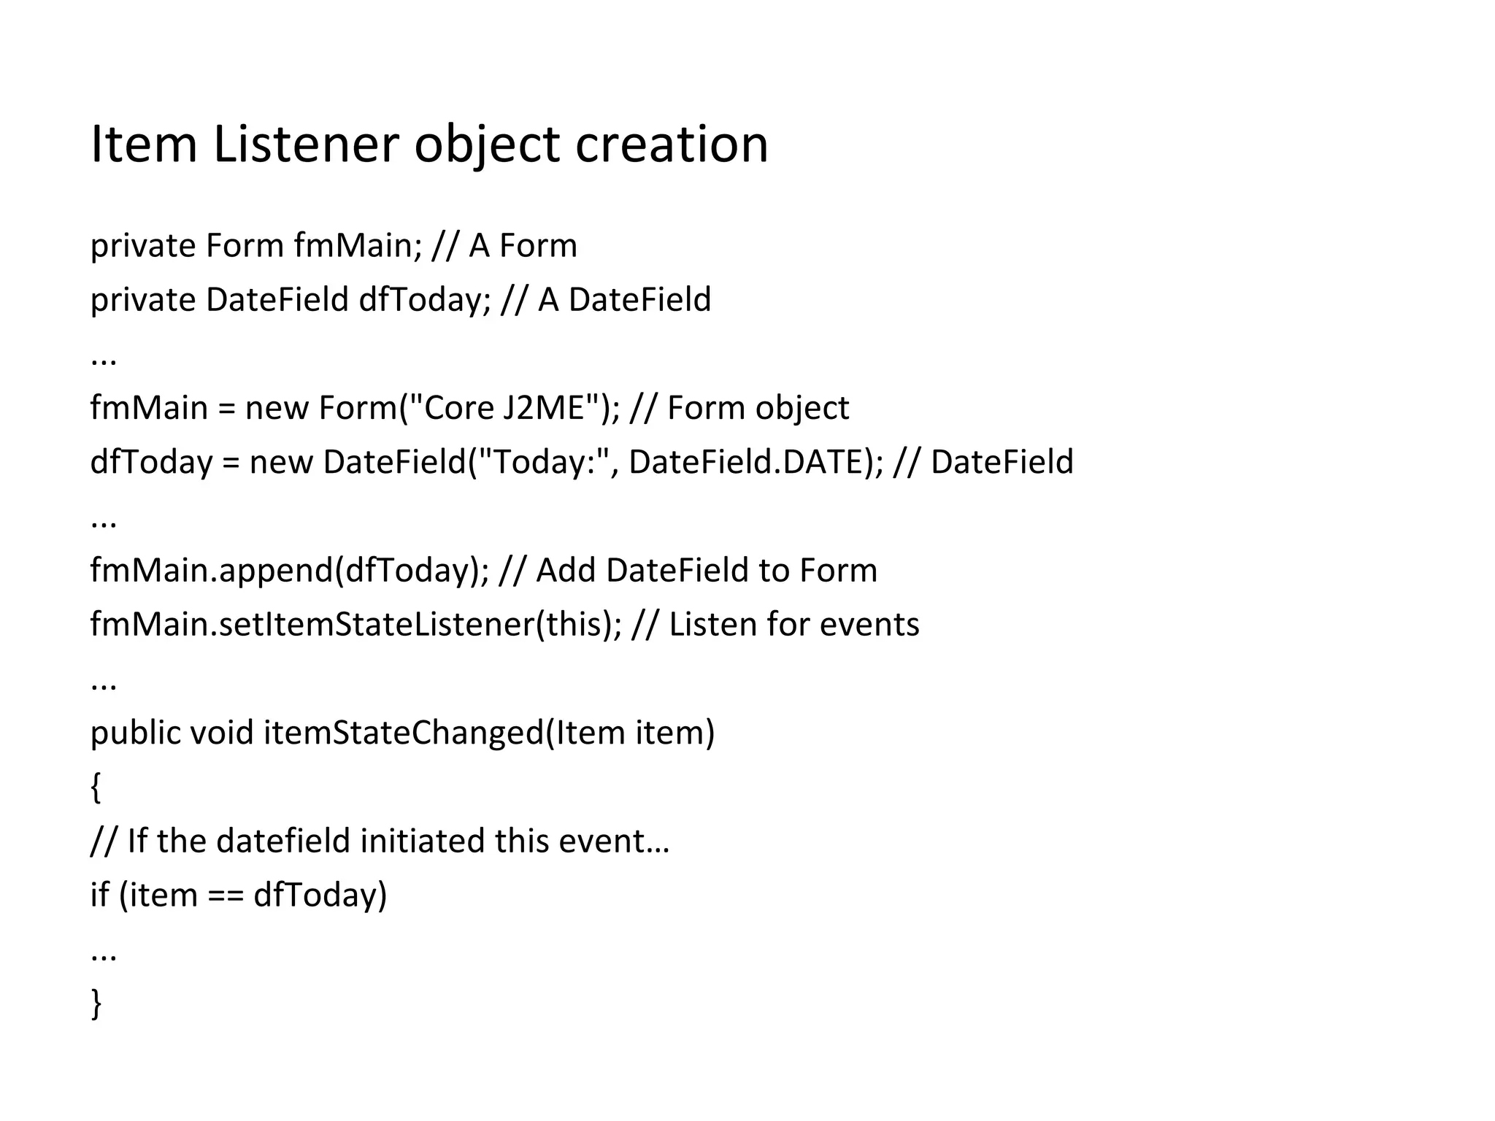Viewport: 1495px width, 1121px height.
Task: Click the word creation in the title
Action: tap(672, 144)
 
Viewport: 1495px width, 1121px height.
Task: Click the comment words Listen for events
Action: tap(794, 625)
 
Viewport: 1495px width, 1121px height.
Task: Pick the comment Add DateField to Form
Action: tap(707, 570)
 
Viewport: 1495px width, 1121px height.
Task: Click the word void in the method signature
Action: tap(222, 733)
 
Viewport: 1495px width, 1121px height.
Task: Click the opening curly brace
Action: tap(96, 787)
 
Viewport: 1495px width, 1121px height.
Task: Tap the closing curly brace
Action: tap(96, 1003)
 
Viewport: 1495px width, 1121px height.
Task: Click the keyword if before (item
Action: tap(99, 895)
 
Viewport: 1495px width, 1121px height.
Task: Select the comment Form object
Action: tap(758, 407)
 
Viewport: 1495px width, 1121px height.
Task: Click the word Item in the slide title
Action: tap(144, 144)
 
